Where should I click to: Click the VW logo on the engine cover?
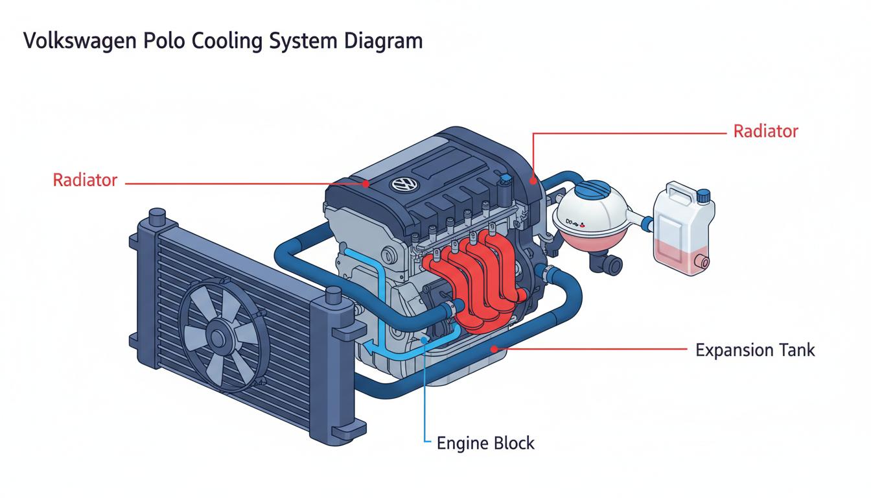pyautogui.click(x=404, y=184)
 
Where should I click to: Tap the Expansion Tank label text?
pyautogui.click(x=755, y=350)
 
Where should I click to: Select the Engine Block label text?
pyautogui.click(x=485, y=443)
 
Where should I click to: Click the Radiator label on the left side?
pyautogui.click(x=85, y=180)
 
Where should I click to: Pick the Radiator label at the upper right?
pyautogui.click(x=765, y=131)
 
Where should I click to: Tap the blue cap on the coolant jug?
pyautogui.click(x=703, y=196)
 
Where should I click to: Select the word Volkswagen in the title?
pyautogui.click(x=80, y=41)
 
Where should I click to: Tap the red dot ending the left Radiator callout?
pyautogui.click(x=366, y=184)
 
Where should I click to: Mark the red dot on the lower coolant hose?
pyautogui.click(x=494, y=349)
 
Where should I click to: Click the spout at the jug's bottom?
pyautogui.click(x=704, y=261)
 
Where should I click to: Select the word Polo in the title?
pyautogui.click(x=164, y=41)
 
